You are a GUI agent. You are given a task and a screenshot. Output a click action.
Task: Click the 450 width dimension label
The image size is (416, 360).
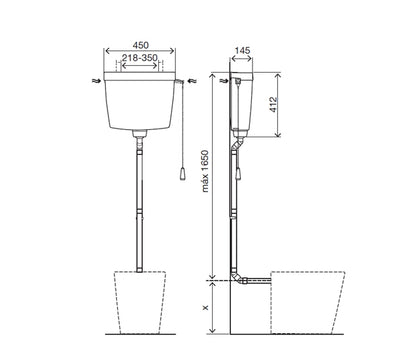[141, 45]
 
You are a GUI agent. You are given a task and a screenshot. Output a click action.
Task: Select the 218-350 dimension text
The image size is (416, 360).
[140, 58]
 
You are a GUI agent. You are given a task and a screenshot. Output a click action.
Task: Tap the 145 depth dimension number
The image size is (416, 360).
[242, 50]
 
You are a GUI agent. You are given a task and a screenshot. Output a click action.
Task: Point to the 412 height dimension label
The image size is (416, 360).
[273, 104]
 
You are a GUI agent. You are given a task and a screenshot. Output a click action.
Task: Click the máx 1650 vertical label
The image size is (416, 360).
[205, 171]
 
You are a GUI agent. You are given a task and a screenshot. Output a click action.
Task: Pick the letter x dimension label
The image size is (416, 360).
[205, 307]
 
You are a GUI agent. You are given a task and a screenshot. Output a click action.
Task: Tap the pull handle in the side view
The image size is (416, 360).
[238, 174]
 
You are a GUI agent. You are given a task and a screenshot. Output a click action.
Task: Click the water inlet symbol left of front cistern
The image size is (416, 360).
[96, 81]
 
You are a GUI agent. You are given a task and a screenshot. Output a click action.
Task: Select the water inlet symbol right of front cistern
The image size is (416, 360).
[193, 81]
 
